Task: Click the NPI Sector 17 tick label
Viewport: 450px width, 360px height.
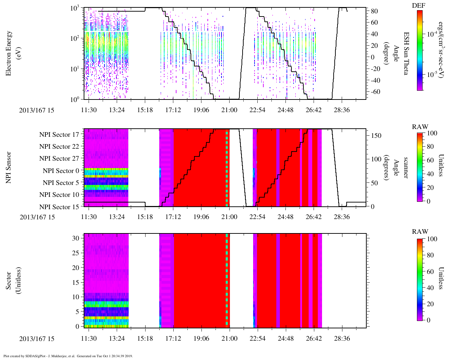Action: [x=59, y=134]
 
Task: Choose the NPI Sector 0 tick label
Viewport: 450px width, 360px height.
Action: [x=61, y=171]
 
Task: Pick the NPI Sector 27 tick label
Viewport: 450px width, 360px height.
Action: [x=59, y=159]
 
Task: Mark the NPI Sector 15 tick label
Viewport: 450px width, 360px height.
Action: [x=59, y=207]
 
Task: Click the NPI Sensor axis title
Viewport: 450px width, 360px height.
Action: [x=9, y=167]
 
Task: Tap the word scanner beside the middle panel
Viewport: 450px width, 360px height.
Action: [x=406, y=168]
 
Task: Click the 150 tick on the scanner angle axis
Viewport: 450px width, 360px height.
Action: [x=377, y=136]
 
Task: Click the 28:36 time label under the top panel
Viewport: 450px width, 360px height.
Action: [x=341, y=110]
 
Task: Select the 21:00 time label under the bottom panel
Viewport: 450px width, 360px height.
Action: [x=229, y=339]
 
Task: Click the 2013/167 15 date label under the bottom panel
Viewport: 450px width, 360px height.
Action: [x=37, y=339]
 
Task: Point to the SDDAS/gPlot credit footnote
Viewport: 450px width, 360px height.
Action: [x=68, y=356]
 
